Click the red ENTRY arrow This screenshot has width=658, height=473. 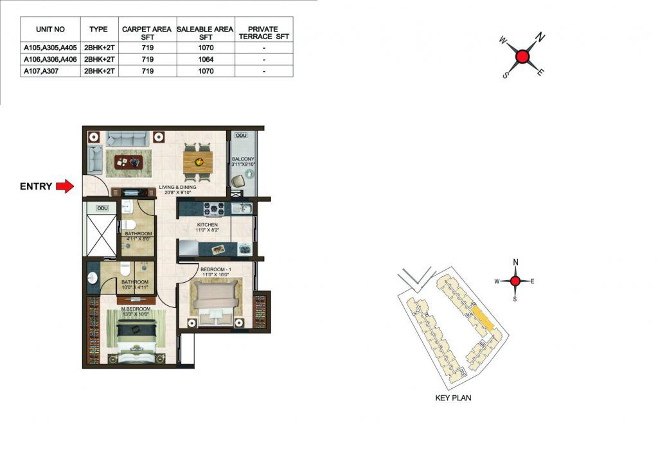(65, 186)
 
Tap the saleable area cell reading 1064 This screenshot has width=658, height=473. (206, 59)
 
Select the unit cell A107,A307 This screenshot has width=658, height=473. (41, 71)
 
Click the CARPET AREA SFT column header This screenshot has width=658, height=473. (147, 33)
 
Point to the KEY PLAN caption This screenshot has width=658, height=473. (453, 398)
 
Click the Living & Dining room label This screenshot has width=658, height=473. (177, 190)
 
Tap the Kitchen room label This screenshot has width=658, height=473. (208, 228)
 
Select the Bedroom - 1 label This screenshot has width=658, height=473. (216, 272)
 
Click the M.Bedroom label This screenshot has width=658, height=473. (136, 311)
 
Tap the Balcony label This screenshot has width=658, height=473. (243, 161)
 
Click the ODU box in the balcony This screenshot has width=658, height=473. (241, 136)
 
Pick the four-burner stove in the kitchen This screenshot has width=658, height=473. (214, 210)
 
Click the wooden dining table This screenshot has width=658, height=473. (198, 161)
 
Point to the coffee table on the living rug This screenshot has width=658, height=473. (129, 161)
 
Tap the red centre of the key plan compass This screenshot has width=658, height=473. (515, 281)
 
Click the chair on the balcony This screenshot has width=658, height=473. (238, 181)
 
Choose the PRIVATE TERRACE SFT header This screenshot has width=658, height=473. (263, 33)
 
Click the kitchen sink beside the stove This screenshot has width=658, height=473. (242, 208)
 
